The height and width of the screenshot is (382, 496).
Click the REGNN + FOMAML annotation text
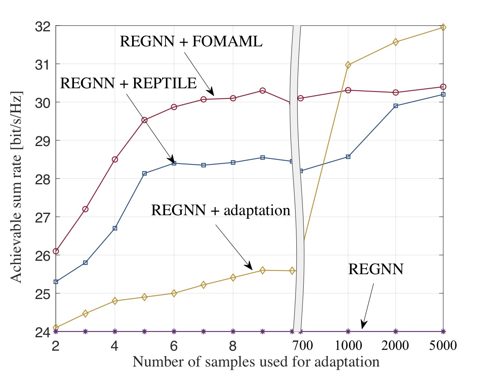point(191,41)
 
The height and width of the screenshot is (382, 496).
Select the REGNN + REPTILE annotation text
point(128,83)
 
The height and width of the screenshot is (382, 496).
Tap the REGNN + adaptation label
point(220,210)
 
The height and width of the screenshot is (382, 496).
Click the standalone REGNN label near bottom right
point(375,269)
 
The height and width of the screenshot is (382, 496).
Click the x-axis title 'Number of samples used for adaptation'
point(256,361)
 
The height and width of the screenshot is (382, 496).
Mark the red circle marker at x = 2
point(56,251)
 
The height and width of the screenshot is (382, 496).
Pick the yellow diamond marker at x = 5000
point(443,27)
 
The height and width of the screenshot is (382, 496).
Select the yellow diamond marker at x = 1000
point(348,65)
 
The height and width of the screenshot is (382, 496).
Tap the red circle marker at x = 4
point(115,159)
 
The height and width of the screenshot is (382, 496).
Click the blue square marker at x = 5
point(144,173)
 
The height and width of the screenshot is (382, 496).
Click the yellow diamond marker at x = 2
point(56,327)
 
